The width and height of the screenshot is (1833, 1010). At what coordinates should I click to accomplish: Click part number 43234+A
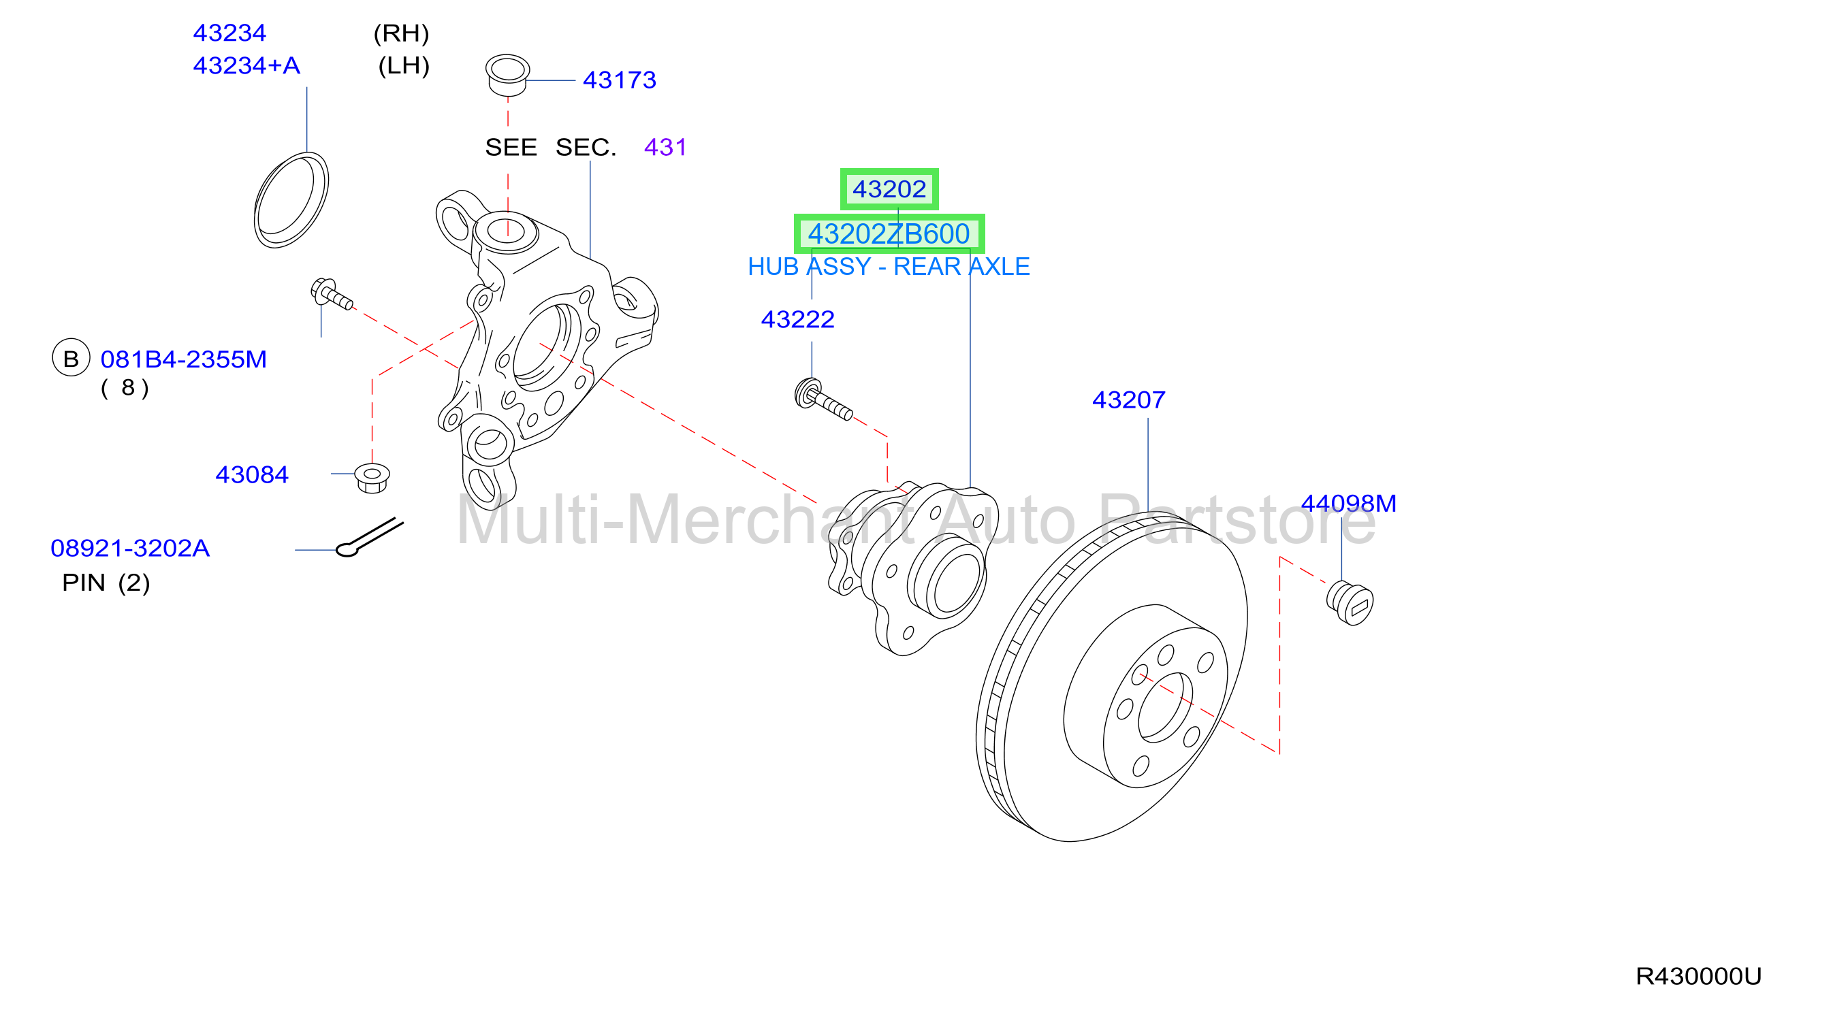click(x=246, y=65)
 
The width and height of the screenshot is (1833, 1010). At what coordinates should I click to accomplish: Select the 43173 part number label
click(x=619, y=80)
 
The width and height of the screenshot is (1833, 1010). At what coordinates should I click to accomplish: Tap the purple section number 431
click(x=665, y=147)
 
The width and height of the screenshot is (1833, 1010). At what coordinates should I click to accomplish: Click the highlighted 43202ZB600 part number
click(x=889, y=233)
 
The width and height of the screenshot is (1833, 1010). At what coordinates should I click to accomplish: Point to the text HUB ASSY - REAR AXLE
click(x=889, y=266)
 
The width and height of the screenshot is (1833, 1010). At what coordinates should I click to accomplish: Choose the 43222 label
click(x=797, y=319)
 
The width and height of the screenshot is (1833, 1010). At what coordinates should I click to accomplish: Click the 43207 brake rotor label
click(x=1128, y=400)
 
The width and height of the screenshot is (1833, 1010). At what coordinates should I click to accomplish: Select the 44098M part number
click(x=1348, y=503)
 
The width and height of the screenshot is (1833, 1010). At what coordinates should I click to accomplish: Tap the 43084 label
click(x=252, y=474)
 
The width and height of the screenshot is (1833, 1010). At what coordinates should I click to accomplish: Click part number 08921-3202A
click(x=130, y=548)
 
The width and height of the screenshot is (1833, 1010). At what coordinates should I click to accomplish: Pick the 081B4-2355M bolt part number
click(x=184, y=359)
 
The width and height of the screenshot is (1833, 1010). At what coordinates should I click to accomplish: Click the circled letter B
click(x=71, y=358)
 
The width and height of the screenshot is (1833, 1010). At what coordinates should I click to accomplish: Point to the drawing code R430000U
click(x=1697, y=976)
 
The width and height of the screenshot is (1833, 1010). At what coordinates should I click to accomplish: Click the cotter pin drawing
click(x=369, y=538)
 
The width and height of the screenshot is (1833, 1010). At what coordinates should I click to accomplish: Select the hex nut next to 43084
click(x=372, y=477)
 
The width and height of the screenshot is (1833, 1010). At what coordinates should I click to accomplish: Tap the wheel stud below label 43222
click(x=823, y=398)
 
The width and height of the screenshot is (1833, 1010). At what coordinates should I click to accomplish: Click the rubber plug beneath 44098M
click(x=1350, y=602)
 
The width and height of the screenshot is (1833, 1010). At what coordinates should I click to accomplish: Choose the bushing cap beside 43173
click(x=507, y=75)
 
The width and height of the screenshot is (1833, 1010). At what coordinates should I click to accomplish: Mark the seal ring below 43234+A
click(x=291, y=200)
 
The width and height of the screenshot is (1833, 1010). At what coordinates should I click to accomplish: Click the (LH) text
click(x=404, y=65)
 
